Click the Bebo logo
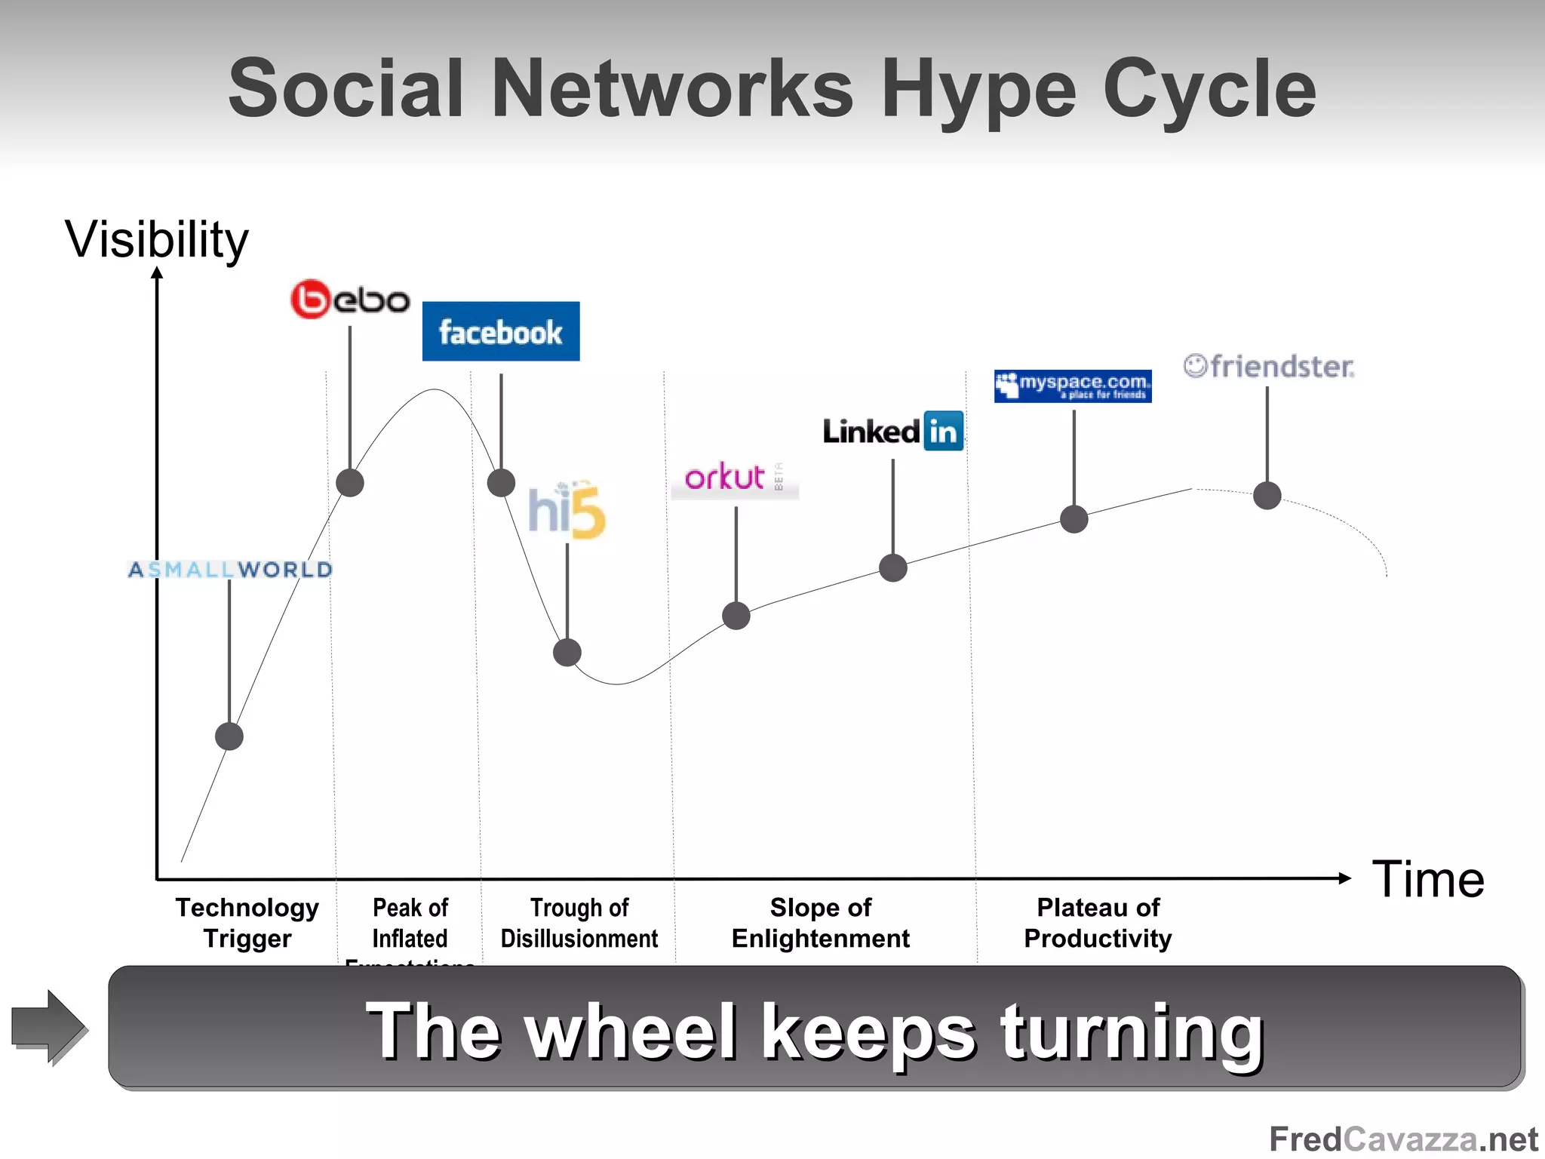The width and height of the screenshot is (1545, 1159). [x=350, y=300]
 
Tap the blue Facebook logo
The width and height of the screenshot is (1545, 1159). [x=501, y=332]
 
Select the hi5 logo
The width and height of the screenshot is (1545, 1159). [x=567, y=510]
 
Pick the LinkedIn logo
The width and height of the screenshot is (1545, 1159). [x=893, y=432]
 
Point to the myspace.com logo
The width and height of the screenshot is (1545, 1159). [x=1073, y=386]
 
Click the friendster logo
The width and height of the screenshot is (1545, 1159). [x=1269, y=367]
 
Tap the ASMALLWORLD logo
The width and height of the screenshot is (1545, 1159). [x=230, y=570]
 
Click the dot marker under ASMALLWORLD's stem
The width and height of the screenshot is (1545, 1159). [x=229, y=736]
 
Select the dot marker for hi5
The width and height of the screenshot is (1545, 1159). [x=567, y=652]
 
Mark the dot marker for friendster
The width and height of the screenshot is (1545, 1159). [x=1267, y=496]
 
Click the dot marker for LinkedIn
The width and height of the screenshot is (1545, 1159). [x=893, y=567]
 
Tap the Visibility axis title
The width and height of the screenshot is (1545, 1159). [x=157, y=240]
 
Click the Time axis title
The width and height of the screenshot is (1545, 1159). [x=1428, y=880]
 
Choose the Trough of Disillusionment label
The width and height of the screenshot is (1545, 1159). [x=579, y=923]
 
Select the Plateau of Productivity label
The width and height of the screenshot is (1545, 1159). [x=1098, y=923]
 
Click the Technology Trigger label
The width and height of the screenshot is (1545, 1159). [x=247, y=923]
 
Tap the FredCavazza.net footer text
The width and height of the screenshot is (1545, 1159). [x=1403, y=1139]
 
